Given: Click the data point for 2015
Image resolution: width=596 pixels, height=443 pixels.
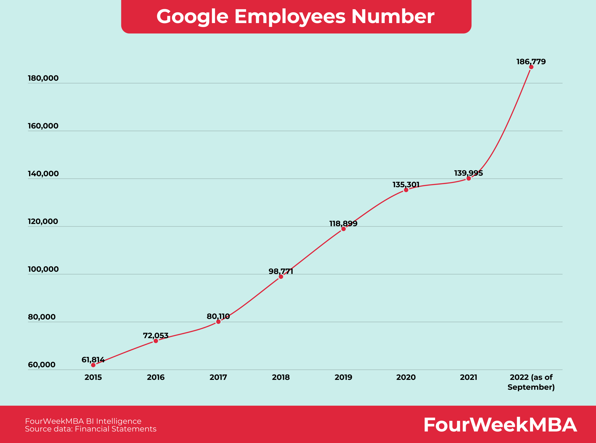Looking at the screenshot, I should pyautogui.click(x=93, y=365).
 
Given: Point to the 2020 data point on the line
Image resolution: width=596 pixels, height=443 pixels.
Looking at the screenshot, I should pyautogui.click(x=406, y=190).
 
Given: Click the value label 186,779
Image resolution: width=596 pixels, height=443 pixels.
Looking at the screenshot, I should pyautogui.click(x=531, y=62).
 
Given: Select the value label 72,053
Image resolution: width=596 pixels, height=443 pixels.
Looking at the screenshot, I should pyautogui.click(x=156, y=336).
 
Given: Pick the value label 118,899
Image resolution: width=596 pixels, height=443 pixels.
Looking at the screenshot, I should pyautogui.click(x=343, y=223).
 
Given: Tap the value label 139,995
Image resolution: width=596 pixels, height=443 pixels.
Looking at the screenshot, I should pyautogui.click(x=468, y=173).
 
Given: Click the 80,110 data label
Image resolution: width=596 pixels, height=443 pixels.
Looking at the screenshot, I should pyautogui.click(x=218, y=316).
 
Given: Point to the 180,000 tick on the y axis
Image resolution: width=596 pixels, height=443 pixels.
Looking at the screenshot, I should pyautogui.click(x=43, y=78).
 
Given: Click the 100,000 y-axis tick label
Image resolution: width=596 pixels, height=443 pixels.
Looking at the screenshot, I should pyautogui.click(x=43, y=269).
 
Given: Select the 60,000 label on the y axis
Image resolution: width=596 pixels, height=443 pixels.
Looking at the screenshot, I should pyautogui.click(x=41, y=365).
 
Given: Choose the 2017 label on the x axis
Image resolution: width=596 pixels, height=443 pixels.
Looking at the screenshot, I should pyautogui.click(x=218, y=378).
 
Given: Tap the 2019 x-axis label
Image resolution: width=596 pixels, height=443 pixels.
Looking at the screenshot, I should pyautogui.click(x=343, y=378).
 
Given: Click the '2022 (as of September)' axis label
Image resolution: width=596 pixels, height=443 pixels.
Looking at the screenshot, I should pyautogui.click(x=531, y=382).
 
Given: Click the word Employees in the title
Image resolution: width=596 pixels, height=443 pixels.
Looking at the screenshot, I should pyautogui.click(x=290, y=17).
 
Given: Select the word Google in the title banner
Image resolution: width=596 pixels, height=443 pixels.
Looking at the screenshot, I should pyautogui.click(x=192, y=17).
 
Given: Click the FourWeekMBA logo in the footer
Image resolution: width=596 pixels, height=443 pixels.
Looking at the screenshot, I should pyautogui.click(x=500, y=425).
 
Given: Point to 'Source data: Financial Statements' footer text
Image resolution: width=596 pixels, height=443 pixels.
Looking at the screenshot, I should pyautogui.click(x=91, y=429).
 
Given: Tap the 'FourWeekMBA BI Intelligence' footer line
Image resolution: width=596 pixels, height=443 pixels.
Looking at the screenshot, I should pyautogui.click(x=83, y=421).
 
